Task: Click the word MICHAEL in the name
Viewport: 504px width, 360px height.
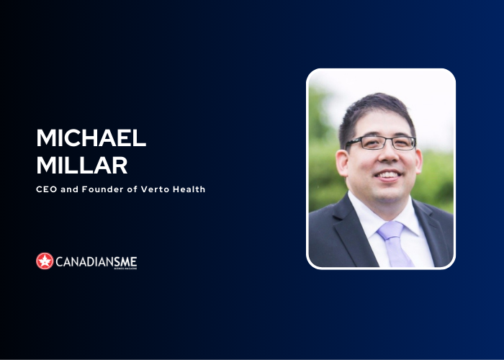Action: (x=91, y=139)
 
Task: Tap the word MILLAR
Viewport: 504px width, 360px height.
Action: (x=82, y=165)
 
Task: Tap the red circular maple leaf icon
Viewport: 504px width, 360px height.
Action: (x=45, y=261)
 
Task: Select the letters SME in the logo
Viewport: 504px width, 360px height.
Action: (x=125, y=261)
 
